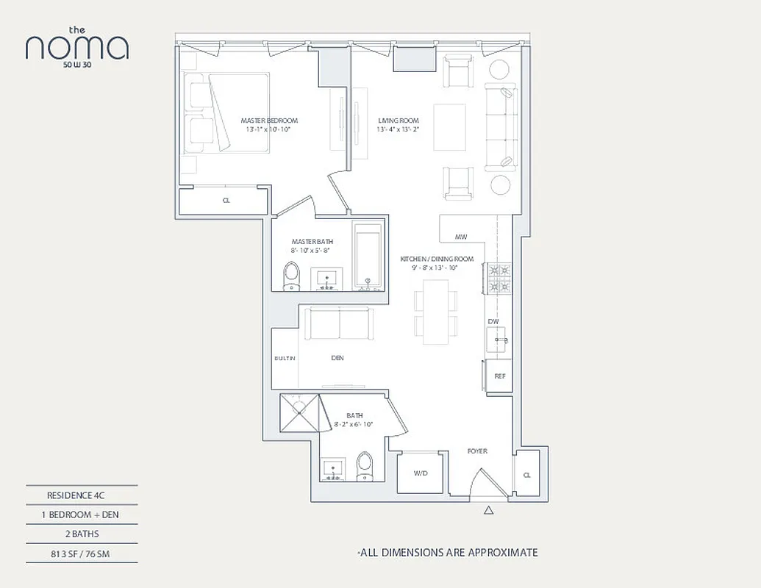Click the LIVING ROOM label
pyautogui.click(x=399, y=121)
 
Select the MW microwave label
pyautogui.click(x=461, y=237)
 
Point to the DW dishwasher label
pyautogui.click(x=493, y=321)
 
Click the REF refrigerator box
pyautogui.click(x=499, y=376)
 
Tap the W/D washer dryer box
pyautogui.click(x=421, y=473)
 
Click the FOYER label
pyautogui.click(x=477, y=451)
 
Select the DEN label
pyautogui.click(x=337, y=358)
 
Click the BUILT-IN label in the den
pyautogui.click(x=285, y=358)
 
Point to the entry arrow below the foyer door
pyautogui.click(x=488, y=510)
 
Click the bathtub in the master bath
pyautogui.click(x=368, y=257)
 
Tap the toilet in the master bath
pyautogui.click(x=291, y=276)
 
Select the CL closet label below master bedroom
pyautogui.click(x=226, y=200)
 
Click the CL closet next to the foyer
pyautogui.click(x=527, y=475)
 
